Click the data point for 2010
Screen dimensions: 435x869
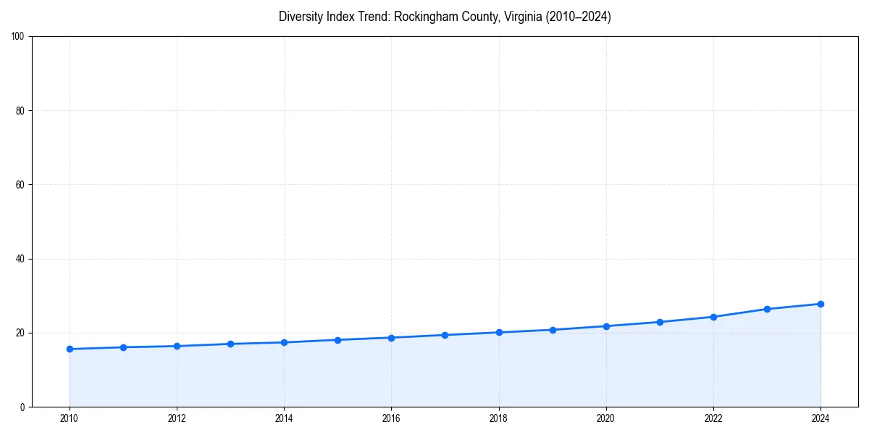[x=70, y=349]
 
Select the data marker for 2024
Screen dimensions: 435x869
[x=820, y=304]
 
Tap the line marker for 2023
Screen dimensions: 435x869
[x=767, y=309]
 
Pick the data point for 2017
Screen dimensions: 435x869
[x=445, y=335]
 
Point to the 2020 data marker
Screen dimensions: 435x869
[x=606, y=326]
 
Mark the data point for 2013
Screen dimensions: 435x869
[x=230, y=344]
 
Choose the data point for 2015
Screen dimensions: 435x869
[x=337, y=340]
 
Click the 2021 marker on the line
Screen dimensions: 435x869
[x=660, y=322]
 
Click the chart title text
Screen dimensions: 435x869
[x=445, y=17]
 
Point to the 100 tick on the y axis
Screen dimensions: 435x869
[x=19, y=37]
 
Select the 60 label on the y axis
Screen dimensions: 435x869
[x=21, y=185]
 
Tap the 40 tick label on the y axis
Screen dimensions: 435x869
[x=21, y=259]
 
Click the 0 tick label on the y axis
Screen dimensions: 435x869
[x=23, y=407]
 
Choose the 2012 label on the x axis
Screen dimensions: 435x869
[x=177, y=418]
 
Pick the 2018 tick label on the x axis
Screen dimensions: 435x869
[x=498, y=418]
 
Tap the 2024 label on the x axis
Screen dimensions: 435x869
[x=820, y=418]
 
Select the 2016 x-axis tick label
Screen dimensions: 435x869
[x=391, y=418]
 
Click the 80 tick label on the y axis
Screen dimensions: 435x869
[x=21, y=111]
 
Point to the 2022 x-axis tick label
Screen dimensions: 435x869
[x=713, y=418]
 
